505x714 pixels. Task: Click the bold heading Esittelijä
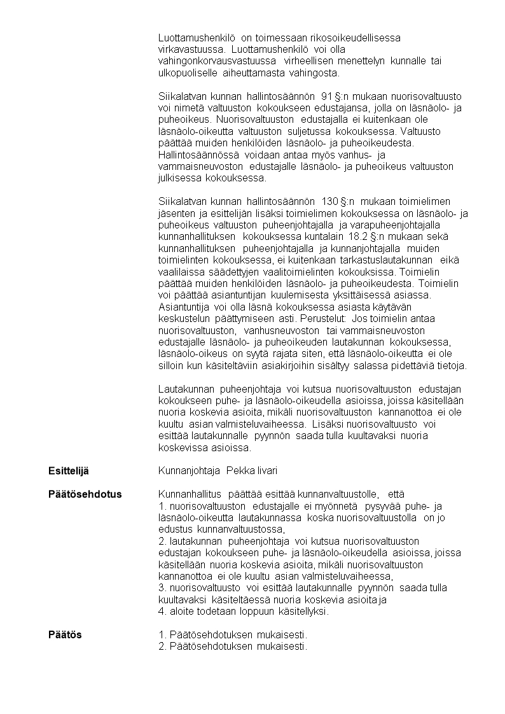(69, 470)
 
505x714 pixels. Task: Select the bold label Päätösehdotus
(85, 494)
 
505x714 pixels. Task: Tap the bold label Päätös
(66, 634)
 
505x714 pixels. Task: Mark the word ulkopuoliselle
(190, 73)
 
